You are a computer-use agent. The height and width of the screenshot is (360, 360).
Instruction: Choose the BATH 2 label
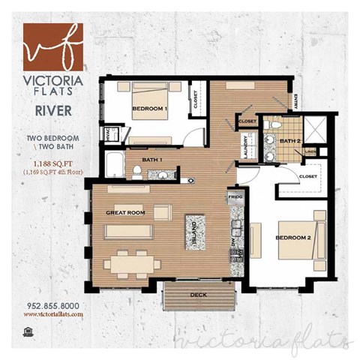[290, 139]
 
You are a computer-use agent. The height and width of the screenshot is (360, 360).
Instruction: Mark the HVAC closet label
[108, 136]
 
